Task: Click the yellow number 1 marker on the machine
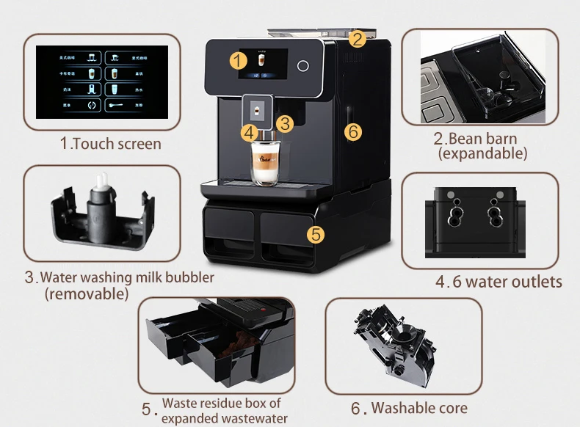(x=239, y=61)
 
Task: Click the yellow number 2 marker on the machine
(x=357, y=39)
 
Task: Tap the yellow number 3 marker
(x=286, y=123)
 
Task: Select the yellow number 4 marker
(x=250, y=133)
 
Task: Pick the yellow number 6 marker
(x=353, y=131)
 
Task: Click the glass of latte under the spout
(x=262, y=162)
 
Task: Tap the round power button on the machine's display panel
(x=302, y=65)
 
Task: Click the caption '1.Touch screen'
(x=110, y=144)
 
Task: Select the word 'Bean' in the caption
(x=466, y=138)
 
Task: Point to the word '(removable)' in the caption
(x=86, y=293)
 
